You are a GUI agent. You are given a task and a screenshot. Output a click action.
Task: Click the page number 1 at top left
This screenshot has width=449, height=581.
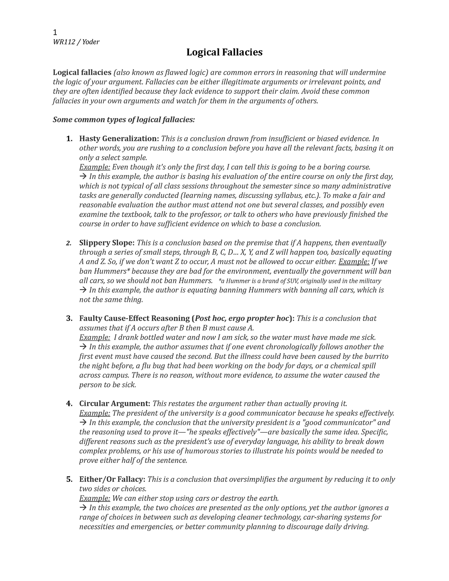[x=55, y=32]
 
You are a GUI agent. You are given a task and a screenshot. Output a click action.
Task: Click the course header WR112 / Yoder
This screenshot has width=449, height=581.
[x=76, y=42]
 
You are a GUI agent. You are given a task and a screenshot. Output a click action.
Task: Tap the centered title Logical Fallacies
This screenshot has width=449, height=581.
[x=224, y=52]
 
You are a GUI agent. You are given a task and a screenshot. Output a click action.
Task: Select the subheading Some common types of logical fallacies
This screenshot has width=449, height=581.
[x=124, y=120]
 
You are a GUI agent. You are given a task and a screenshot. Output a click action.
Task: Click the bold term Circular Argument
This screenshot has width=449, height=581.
[x=114, y=404]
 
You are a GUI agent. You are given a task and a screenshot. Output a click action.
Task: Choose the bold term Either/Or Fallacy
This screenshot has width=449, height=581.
[x=113, y=479]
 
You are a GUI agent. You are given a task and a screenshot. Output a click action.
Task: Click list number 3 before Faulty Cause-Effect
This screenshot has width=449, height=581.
[x=69, y=318]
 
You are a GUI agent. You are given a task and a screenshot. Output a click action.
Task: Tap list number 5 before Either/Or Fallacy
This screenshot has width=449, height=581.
[x=69, y=479]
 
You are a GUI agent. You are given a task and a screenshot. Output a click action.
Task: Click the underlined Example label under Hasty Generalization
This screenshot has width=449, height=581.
[x=95, y=167]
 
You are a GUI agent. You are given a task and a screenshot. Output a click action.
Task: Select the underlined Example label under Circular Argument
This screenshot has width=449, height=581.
[x=95, y=413]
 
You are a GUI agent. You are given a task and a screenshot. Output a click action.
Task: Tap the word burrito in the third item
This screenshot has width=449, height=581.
[x=376, y=356]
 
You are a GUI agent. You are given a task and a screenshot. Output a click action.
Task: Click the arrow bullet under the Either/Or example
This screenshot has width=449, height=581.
[x=83, y=508]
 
